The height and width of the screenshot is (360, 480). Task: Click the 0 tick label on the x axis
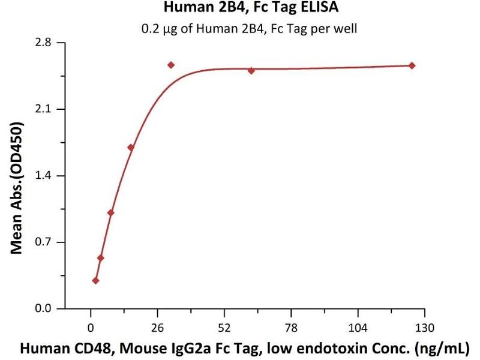[x=91, y=328]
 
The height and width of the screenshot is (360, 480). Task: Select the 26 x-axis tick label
[x=157, y=328]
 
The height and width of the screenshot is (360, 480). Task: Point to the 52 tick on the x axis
[x=224, y=328]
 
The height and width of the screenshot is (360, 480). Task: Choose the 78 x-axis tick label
[x=291, y=328]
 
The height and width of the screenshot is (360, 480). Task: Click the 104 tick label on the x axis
[x=358, y=328]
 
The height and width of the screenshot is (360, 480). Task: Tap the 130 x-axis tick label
[x=425, y=328]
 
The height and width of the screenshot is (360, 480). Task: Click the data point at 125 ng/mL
[x=412, y=65]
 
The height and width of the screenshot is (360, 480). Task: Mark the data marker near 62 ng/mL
[x=251, y=70]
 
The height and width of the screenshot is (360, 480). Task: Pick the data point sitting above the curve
[x=171, y=65]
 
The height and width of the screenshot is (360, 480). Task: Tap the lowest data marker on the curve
[x=95, y=281]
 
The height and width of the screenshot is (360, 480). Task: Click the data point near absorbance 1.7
[x=131, y=147]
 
